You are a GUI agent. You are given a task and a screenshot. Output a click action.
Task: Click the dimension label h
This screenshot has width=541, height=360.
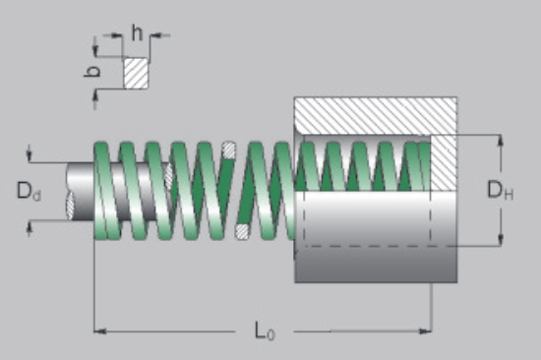[x=137, y=33]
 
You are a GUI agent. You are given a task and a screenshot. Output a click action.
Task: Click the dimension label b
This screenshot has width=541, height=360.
[x=92, y=71]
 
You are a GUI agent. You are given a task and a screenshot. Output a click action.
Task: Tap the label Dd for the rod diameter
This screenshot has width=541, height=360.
[x=29, y=191]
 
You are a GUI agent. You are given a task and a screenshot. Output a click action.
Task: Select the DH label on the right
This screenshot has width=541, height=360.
[x=500, y=190]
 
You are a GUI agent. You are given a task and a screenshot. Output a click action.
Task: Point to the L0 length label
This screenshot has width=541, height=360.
[x=265, y=330]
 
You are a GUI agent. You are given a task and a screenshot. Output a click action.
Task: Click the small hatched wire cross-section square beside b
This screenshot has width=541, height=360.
[x=137, y=73]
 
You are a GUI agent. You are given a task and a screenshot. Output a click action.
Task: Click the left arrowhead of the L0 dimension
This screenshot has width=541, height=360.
[x=100, y=331]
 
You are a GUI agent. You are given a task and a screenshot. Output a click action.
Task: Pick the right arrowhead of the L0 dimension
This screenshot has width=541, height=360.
[x=425, y=331]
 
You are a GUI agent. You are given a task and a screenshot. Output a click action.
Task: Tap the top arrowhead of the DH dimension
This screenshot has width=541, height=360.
[x=501, y=141]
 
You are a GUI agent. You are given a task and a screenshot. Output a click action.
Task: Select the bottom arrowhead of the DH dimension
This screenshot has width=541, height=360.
[x=501, y=240]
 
